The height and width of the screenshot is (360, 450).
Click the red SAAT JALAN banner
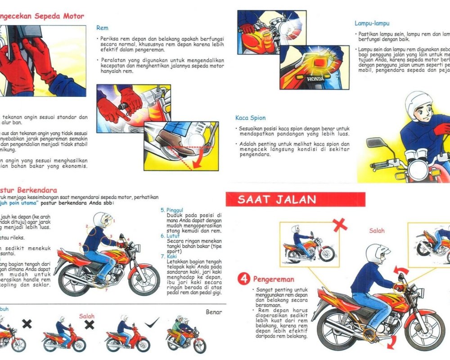tap(295, 199)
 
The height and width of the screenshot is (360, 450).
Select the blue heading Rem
tap(102, 28)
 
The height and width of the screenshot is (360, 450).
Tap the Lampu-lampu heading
tap(372, 23)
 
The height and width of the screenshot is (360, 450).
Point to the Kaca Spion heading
tap(250, 118)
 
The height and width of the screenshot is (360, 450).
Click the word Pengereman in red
tap(273, 279)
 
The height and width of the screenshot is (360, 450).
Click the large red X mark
tap(340, 224)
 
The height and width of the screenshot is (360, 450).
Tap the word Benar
tap(214, 312)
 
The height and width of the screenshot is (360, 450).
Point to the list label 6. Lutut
tap(170, 236)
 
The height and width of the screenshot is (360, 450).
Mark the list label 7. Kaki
tap(169, 256)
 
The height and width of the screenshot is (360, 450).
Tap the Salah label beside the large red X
tap(377, 230)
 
